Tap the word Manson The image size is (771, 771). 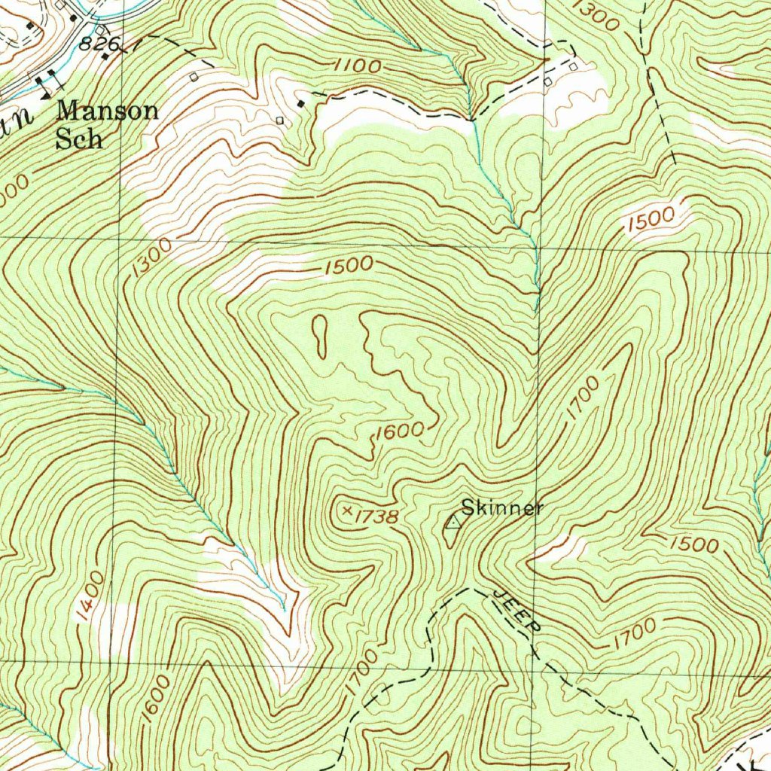coord(108,111)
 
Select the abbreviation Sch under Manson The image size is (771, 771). coord(79,140)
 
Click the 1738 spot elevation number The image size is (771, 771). coord(374,516)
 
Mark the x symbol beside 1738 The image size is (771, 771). coord(347,510)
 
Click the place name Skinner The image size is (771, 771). coord(501,507)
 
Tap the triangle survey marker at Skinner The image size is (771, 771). coord(453,521)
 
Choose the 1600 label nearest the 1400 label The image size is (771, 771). coord(155,699)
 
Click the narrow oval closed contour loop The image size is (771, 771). coord(320,336)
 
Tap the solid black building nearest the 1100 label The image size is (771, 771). coord(302,103)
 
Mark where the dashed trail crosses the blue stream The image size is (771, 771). coord(472,119)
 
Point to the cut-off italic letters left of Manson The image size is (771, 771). coord(19,122)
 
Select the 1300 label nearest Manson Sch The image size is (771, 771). coord(151,258)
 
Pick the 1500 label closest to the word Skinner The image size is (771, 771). coord(692,544)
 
